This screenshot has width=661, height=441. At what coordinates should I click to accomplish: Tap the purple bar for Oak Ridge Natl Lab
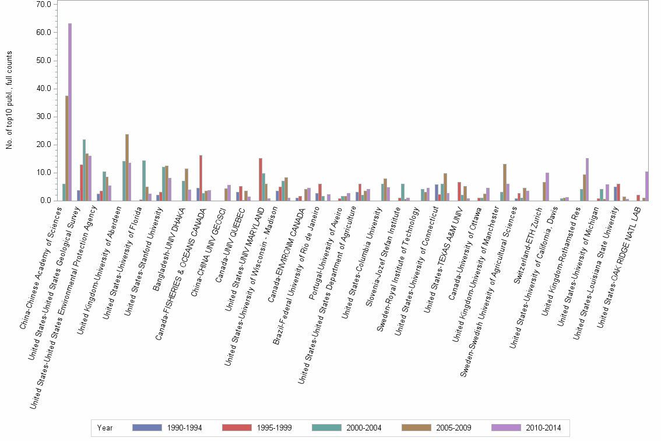pos(646,186)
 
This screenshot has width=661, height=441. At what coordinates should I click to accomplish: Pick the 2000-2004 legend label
pos(364,428)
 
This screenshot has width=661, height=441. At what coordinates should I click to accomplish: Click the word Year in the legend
pos(105,428)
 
